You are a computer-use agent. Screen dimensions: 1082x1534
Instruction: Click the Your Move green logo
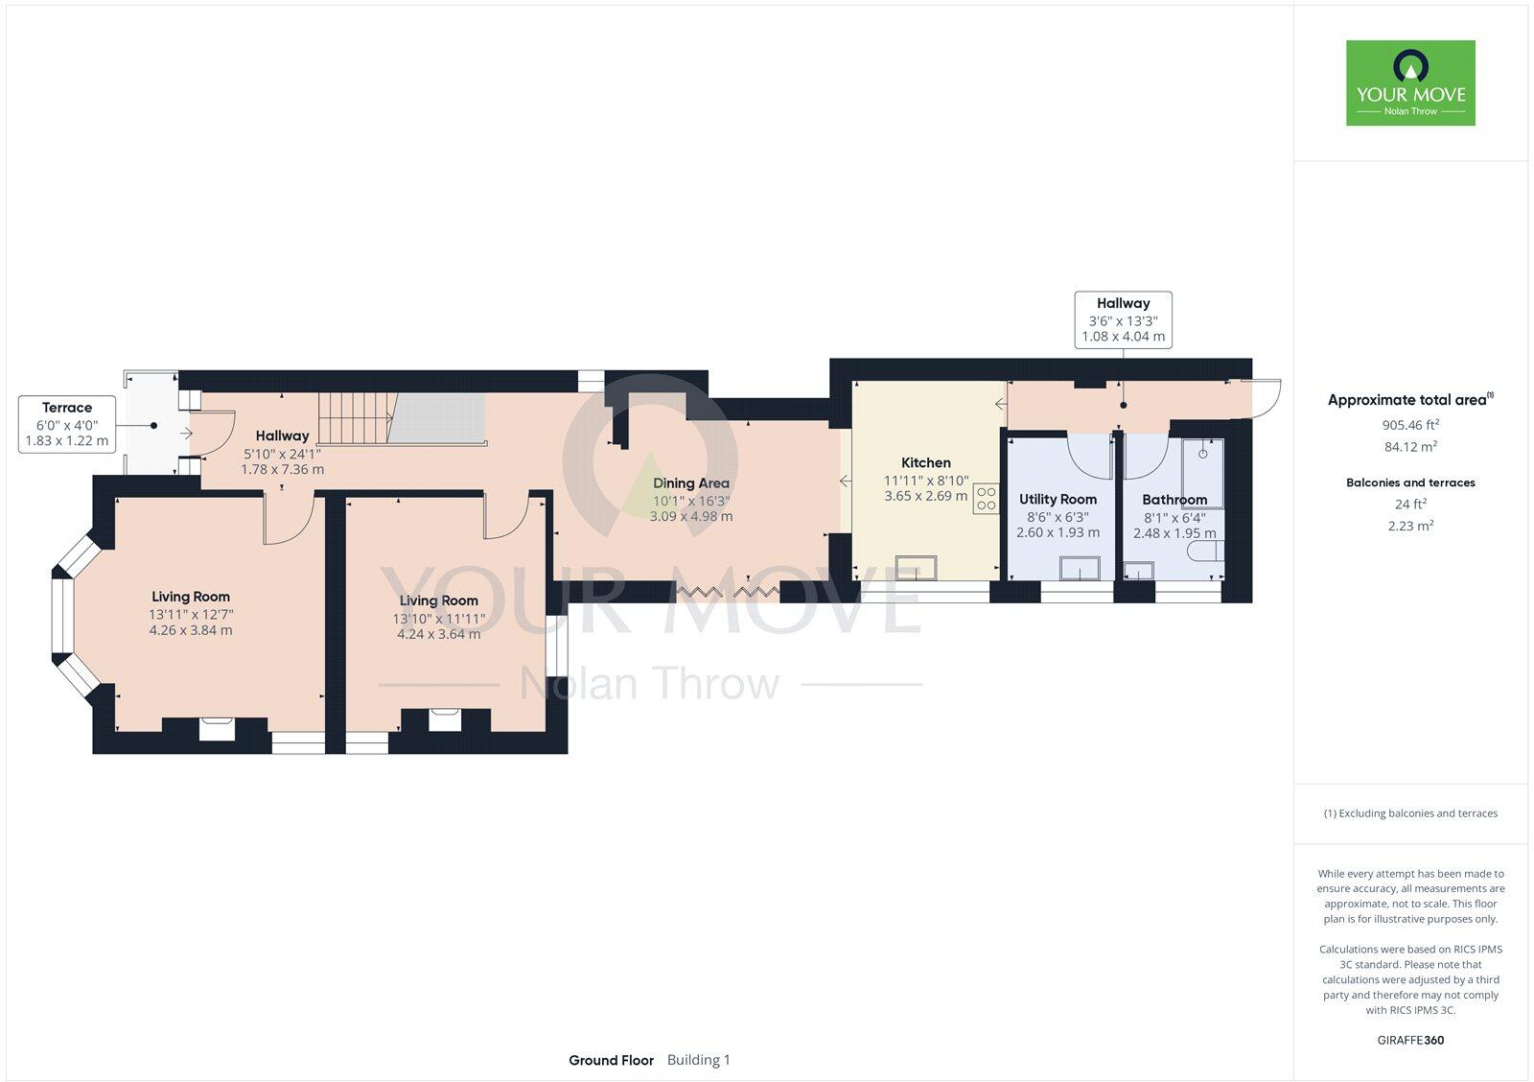(x=1409, y=82)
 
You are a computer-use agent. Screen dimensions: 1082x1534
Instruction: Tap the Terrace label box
(x=66, y=424)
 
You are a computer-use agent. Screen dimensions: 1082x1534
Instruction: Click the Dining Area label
(x=690, y=483)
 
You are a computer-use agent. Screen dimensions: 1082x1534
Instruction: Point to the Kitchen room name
(x=925, y=462)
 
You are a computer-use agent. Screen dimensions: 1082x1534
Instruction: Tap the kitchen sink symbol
(x=916, y=567)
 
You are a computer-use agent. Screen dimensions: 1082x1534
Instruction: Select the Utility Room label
(x=1057, y=499)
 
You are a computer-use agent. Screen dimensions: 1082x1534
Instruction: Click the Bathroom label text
(x=1174, y=500)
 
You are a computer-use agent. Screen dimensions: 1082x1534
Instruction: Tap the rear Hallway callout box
(x=1123, y=319)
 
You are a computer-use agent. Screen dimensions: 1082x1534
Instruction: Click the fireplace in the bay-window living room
(x=215, y=728)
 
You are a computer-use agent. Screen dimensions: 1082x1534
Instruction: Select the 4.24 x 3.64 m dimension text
(x=438, y=634)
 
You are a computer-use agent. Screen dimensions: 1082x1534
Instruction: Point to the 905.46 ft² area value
(x=1409, y=424)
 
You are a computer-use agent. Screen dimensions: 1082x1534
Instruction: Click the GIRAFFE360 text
(x=1409, y=1040)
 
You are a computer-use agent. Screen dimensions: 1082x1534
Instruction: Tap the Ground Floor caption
(x=611, y=1060)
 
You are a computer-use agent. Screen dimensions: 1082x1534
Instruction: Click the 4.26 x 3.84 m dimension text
(x=190, y=630)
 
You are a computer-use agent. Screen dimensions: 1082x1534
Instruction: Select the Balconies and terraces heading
(x=1409, y=482)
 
